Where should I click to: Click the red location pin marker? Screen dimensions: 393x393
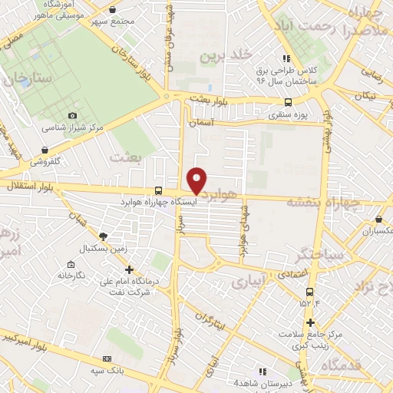click(197, 180)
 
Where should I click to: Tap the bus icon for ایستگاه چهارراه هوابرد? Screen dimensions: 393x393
click(158, 190)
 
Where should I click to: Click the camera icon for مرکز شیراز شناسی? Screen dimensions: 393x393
click(73, 115)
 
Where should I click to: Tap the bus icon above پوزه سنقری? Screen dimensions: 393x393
click(288, 104)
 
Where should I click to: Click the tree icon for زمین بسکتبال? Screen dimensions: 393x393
click(104, 237)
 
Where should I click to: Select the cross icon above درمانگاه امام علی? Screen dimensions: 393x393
click(129, 269)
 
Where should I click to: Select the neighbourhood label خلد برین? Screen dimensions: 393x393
click(226, 55)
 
